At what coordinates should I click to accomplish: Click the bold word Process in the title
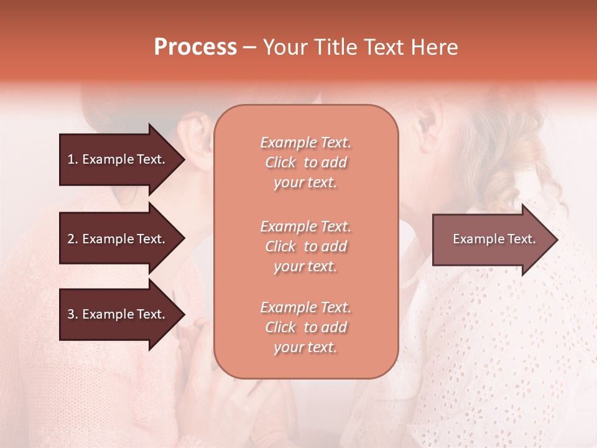[195, 47]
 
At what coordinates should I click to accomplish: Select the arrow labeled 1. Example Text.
[118, 159]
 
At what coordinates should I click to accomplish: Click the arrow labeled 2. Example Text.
[118, 239]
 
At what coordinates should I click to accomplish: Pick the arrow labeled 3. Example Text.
[118, 314]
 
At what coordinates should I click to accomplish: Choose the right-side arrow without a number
[491, 239]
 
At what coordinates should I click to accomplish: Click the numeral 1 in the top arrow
[71, 159]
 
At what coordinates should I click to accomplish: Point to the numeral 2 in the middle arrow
[71, 239]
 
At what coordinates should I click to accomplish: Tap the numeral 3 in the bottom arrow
[71, 314]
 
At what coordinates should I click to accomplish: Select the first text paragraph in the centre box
[305, 162]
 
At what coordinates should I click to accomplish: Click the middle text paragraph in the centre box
[305, 246]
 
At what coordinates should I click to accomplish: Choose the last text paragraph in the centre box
[305, 327]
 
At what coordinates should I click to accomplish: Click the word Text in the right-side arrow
[521, 239]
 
